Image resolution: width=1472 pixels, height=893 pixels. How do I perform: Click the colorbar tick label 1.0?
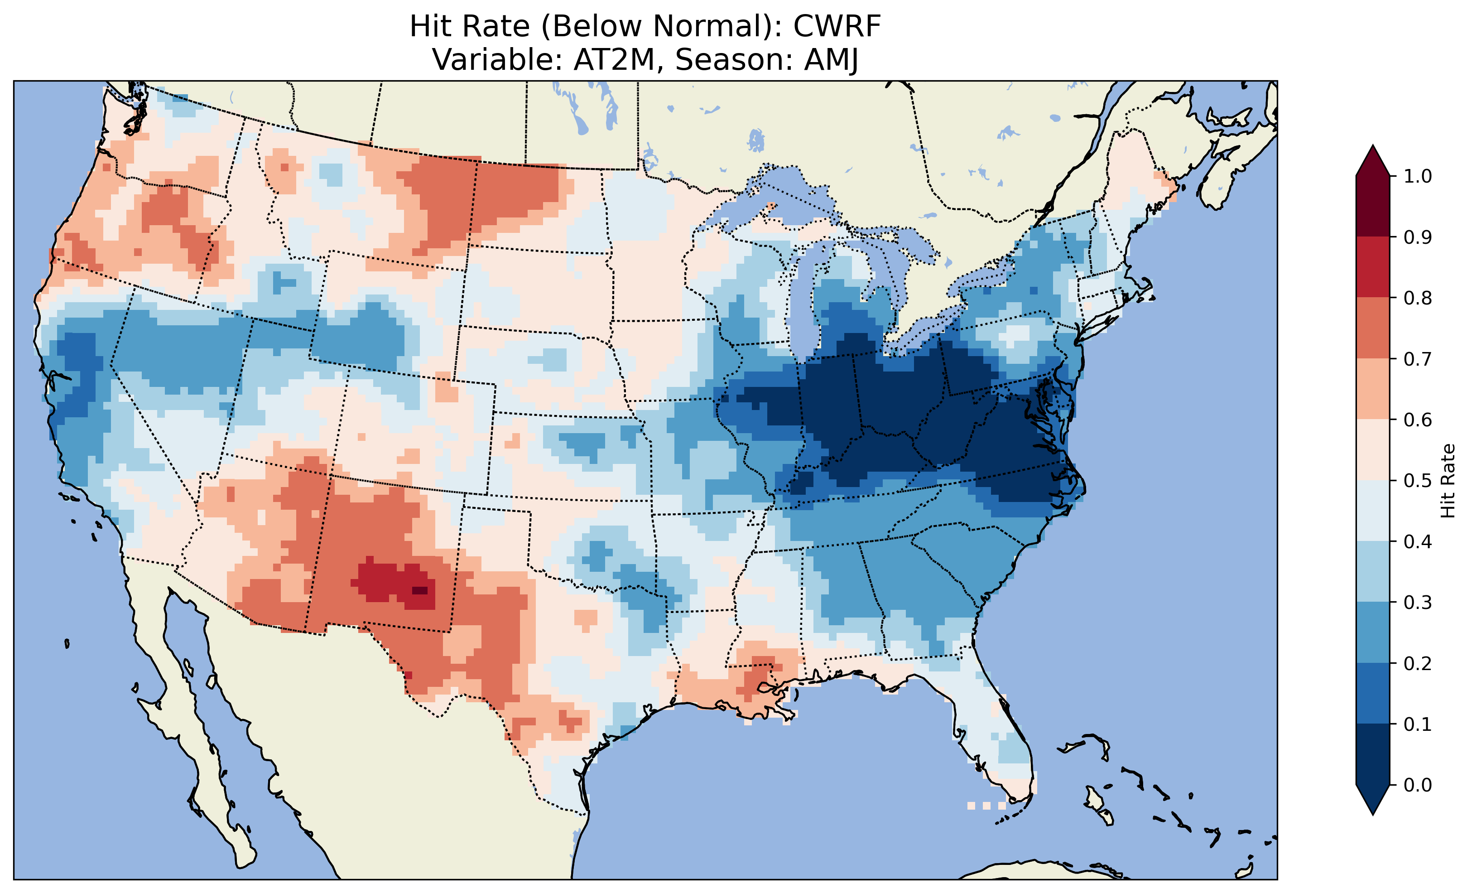click(1418, 176)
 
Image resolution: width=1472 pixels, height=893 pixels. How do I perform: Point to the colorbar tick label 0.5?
click(1418, 481)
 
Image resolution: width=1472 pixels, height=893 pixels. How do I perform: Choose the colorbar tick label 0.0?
click(1418, 785)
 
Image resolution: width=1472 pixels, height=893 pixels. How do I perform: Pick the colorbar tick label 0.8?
click(1418, 298)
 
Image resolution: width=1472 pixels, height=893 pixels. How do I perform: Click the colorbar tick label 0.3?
click(1418, 603)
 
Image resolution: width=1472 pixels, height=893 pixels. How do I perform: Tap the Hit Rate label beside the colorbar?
click(1448, 481)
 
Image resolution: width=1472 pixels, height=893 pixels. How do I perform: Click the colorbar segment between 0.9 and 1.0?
click(1373, 206)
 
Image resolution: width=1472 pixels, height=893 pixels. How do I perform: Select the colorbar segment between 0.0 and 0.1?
click(1373, 754)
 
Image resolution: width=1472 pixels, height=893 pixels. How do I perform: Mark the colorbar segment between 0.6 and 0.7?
click(1373, 389)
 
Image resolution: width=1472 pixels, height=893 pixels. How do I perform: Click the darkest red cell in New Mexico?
click(420, 590)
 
